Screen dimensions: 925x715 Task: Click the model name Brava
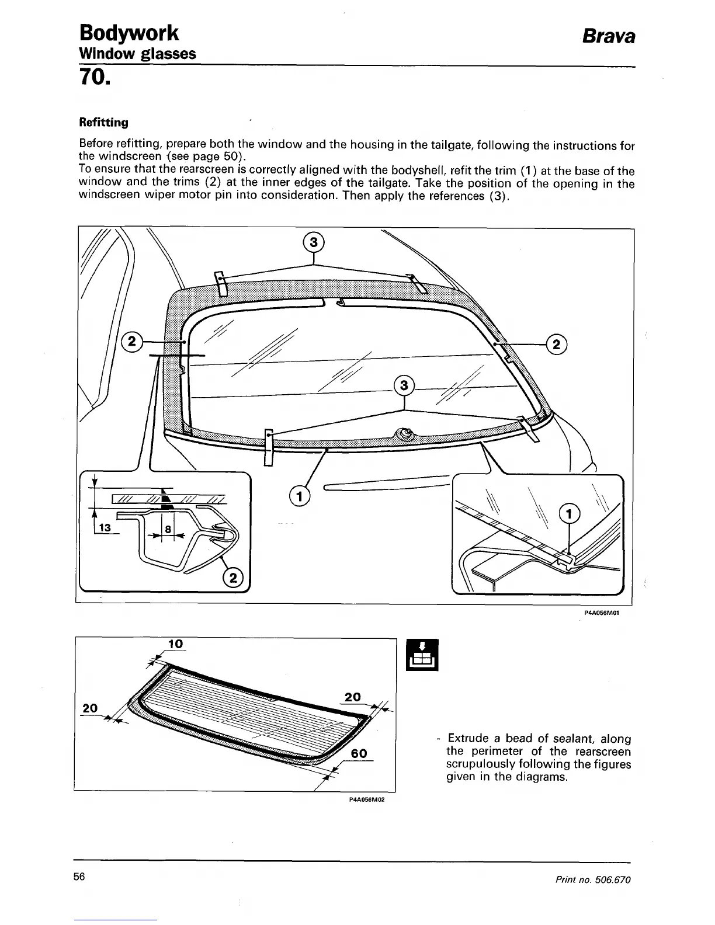[608, 36]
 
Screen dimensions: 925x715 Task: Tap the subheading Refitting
[103, 122]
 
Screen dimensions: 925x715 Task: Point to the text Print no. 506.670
[598, 879]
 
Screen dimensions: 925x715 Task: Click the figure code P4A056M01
[601, 613]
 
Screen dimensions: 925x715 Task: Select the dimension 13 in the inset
[106, 527]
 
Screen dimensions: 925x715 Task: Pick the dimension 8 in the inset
[168, 529]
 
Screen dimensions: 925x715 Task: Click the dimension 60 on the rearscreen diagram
[359, 753]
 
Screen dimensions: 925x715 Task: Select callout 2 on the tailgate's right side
[556, 345]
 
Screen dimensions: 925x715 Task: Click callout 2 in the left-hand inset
[234, 578]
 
